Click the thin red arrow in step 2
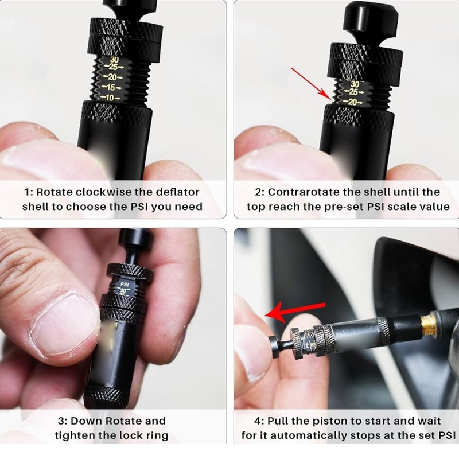[309, 84]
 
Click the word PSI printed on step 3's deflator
[123, 283]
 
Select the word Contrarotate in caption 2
[303, 192]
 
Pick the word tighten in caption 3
[80, 435]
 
